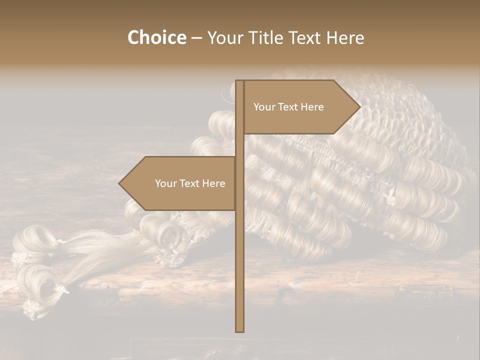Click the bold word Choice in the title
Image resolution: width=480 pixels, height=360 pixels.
coord(156,38)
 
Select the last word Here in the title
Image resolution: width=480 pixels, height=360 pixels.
coord(345,38)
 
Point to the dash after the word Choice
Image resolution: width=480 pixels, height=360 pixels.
coord(196,38)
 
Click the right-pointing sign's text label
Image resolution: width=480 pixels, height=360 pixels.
coord(288,107)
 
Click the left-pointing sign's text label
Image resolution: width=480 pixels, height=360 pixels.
coord(190,183)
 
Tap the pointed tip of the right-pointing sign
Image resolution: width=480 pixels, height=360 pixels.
coord(359,106)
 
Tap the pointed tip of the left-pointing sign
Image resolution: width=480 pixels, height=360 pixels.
coord(119,183)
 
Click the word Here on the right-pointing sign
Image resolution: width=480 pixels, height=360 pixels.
coord(312,107)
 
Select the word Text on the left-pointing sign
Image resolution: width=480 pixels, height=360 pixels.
coord(189,183)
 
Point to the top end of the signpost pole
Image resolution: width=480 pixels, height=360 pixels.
coord(239,81)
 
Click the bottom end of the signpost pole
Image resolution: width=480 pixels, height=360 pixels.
coord(239,330)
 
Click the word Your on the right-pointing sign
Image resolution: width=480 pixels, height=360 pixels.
coord(264,107)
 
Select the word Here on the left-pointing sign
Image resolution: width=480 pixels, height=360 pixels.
coord(213,183)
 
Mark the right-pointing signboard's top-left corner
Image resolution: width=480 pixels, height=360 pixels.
coord(244,81)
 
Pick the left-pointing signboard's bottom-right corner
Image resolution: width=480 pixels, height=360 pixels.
coord(235,210)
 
